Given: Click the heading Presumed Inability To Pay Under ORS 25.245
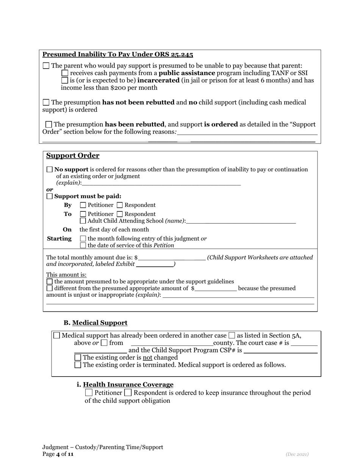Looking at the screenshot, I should tap(117, 55).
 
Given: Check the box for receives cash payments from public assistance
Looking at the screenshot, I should tap(65, 73).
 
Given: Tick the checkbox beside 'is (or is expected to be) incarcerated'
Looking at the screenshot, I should tap(65, 81).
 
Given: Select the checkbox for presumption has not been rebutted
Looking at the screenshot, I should tap(46, 102).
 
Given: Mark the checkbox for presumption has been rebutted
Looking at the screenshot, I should tap(49, 124).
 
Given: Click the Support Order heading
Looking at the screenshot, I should tap(73, 156).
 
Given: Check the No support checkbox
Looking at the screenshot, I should tap(50, 170).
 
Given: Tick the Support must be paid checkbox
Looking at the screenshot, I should tap(50, 196).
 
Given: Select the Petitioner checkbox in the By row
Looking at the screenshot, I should tap(83, 205).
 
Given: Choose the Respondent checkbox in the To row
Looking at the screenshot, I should tap(120, 214).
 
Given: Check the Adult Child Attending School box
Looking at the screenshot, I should tap(83, 221).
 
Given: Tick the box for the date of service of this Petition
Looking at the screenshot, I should tap(83, 246).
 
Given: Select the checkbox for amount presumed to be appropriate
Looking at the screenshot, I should tap(50, 282).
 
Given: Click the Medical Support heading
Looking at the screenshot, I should tap(100, 323).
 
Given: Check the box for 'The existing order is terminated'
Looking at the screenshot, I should tap(78, 365).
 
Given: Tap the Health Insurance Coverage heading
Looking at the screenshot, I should tap(128, 385).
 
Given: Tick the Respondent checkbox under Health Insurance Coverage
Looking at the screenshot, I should tap(128, 393).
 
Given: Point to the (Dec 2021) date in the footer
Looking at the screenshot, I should tap(297, 454).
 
